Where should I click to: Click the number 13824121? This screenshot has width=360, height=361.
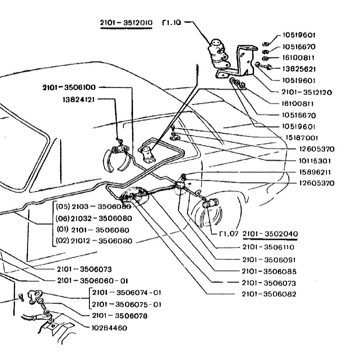coord(78,99)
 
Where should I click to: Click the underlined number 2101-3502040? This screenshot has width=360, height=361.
coord(270,234)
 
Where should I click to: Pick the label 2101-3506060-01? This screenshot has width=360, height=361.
coord(93,280)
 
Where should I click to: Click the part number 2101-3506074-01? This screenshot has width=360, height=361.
coord(127,292)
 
